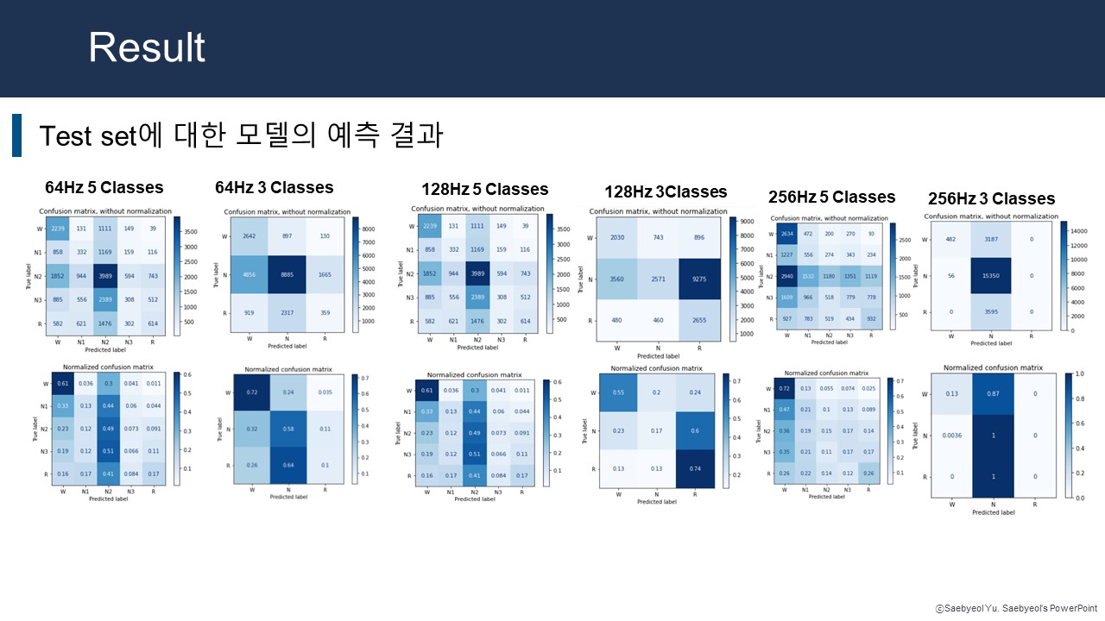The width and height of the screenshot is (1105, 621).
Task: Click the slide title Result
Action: click(x=147, y=48)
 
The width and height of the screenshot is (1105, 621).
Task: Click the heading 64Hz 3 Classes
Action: click(x=274, y=187)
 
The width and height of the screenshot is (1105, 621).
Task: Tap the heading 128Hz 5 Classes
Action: click(x=484, y=189)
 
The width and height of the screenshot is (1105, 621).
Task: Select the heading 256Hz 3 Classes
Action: click(x=991, y=198)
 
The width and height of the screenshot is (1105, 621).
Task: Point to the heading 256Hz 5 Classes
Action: click(x=831, y=197)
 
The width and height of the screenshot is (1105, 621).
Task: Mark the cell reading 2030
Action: click(x=617, y=238)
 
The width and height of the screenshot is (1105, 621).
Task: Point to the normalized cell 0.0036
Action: click(x=951, y=436)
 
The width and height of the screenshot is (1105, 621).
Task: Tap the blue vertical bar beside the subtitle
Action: click(x=16, y=135)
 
